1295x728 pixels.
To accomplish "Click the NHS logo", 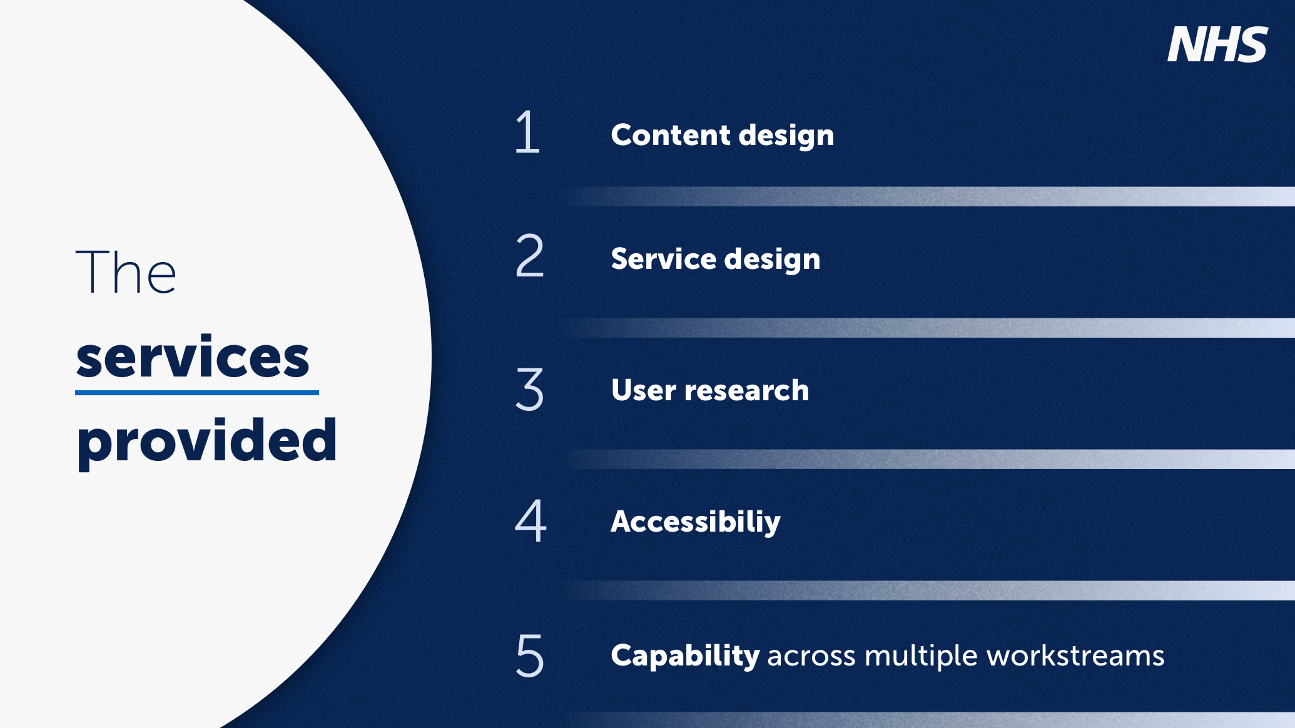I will coord(1217,44).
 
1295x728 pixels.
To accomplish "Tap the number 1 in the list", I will coord(527,132).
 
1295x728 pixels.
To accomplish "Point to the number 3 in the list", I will coord(529,389).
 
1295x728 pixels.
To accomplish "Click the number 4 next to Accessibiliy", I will coord(531,520).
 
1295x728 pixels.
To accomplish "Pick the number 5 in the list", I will coord(530,655).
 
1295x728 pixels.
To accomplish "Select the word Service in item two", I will coord(663,259).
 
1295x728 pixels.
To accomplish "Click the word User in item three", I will coord(643,390).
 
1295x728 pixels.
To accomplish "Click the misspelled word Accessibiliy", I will coord(695,522).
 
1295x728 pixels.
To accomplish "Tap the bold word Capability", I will coord(685,656).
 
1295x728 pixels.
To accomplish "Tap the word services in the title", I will coord(193,358).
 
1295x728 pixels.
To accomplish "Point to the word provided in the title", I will coord(206,441).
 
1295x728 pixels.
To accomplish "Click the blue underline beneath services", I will coord(196,393).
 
